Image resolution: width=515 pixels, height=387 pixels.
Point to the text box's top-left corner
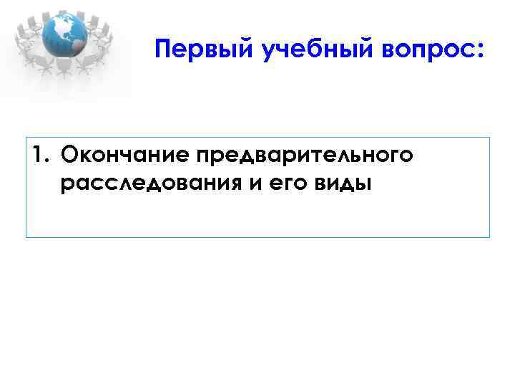pos(26,137)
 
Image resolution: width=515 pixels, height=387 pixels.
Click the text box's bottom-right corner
pos(489,237)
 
